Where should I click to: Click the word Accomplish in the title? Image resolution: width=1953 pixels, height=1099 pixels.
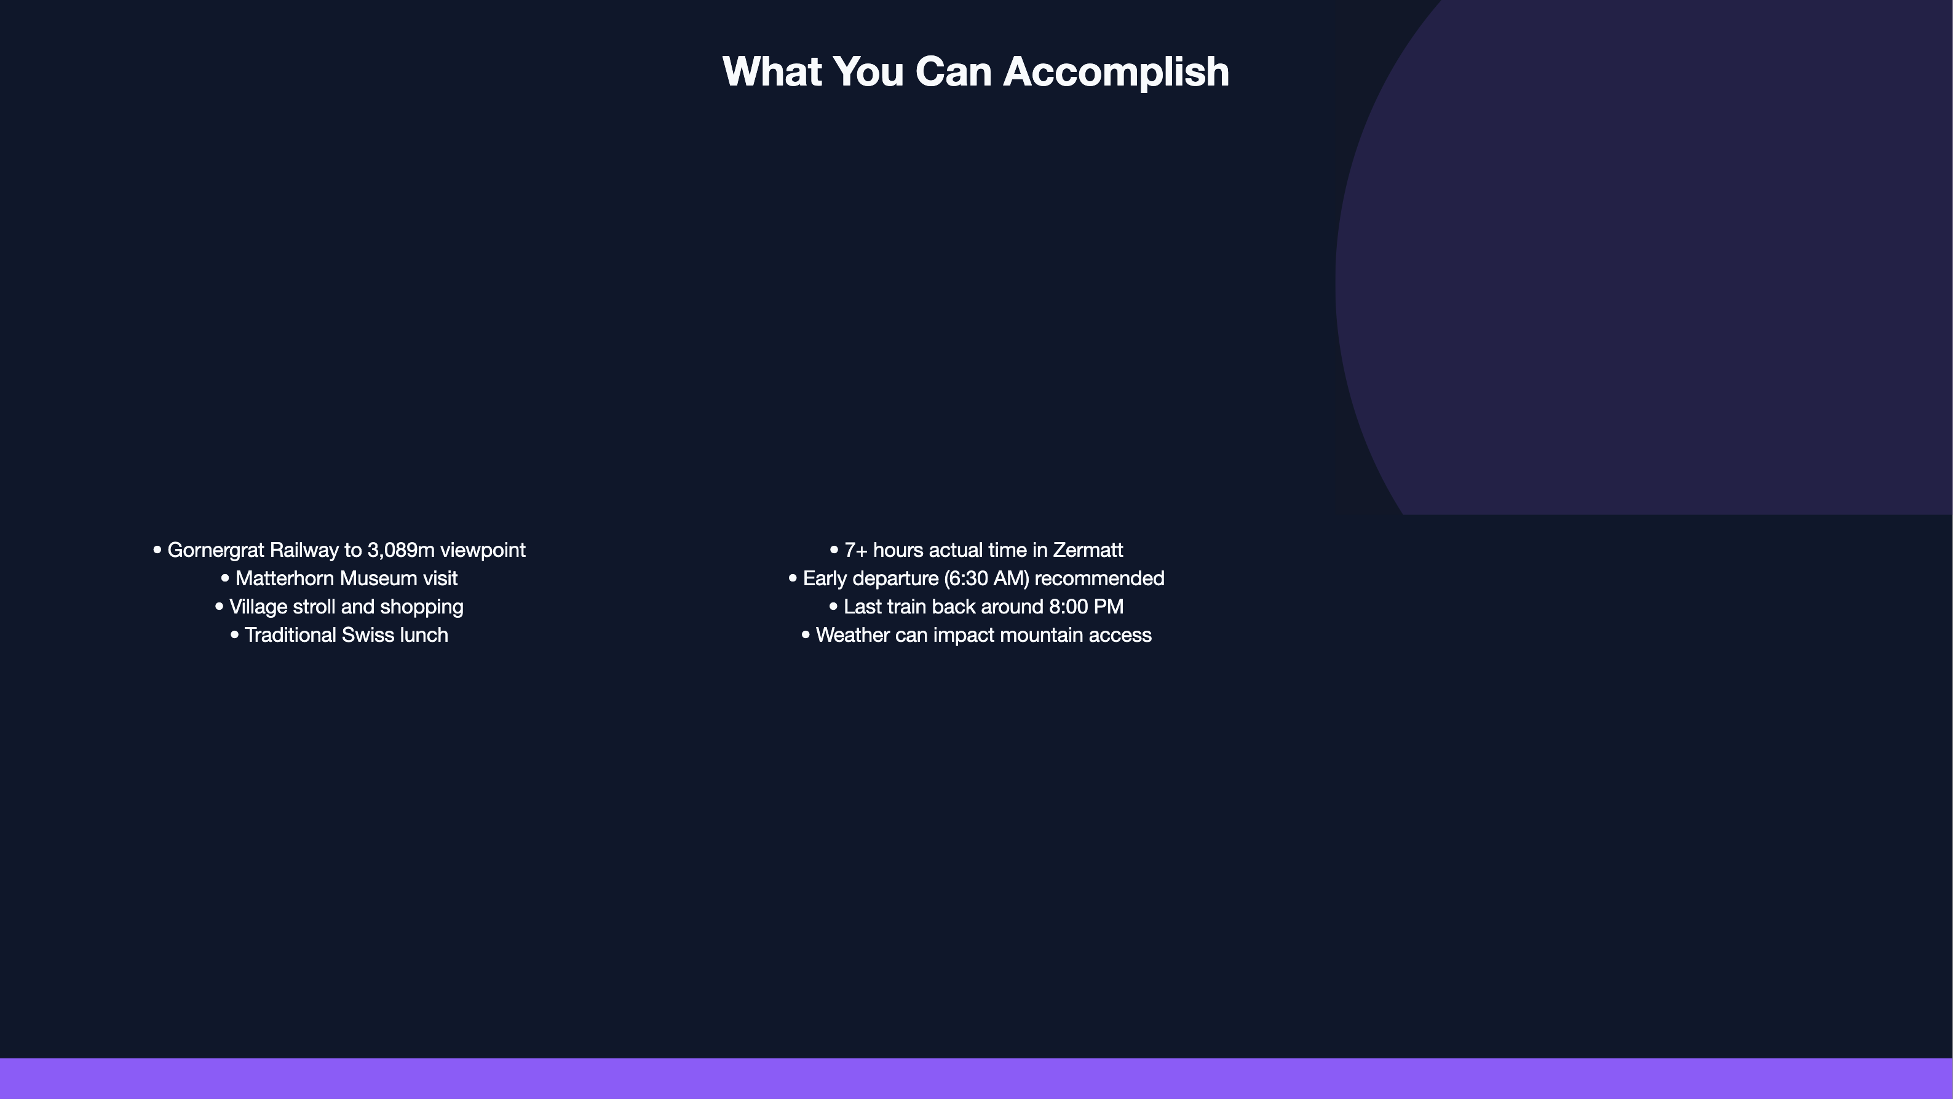1116,73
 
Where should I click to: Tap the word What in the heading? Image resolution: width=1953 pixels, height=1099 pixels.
772,71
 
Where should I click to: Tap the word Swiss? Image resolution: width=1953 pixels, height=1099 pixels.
368,636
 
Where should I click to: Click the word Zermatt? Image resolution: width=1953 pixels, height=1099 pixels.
1088,551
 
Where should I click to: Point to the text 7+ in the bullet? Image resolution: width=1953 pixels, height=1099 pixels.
856,551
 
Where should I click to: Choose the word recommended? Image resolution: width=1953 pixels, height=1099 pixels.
1099,578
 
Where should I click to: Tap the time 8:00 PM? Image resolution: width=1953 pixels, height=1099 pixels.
1087,607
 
